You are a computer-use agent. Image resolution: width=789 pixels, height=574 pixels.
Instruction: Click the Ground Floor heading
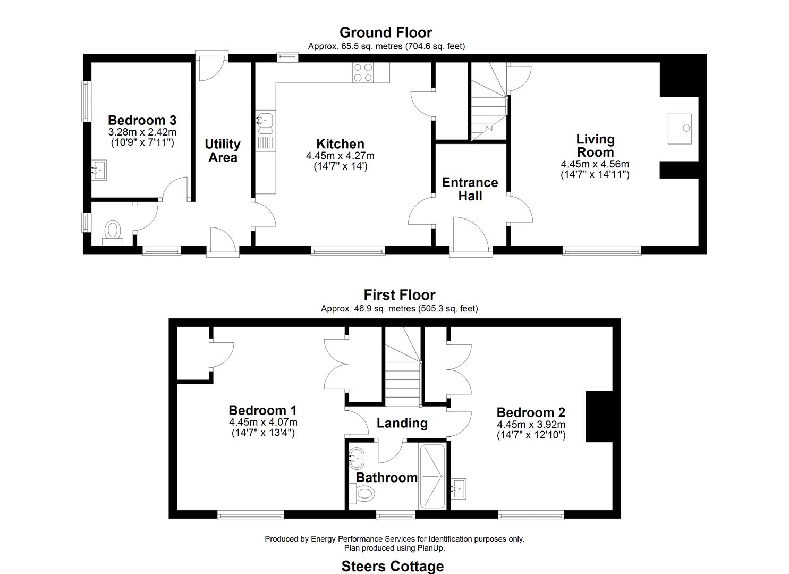tap(386, 33)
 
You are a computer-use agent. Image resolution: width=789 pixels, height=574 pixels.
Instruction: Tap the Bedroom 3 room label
tap(142, 120)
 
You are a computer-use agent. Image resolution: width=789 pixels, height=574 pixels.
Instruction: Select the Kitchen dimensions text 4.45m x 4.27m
tap(340, 156)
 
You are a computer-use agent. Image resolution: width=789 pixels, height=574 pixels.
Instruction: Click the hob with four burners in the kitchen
tap(363, 73)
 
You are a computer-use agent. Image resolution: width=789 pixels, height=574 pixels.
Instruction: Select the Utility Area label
tap(223, 150)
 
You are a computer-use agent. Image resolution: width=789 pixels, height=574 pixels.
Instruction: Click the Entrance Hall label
tap(470, 189)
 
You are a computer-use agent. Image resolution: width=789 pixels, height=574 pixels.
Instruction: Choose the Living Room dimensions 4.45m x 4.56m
tap(595, 164)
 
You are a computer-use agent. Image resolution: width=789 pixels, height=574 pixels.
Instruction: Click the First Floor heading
tap(399, 295)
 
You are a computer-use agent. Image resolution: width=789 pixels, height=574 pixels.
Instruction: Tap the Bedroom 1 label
tap(262, 410)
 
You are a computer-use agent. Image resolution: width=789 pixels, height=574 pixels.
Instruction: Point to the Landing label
tap(402, 423)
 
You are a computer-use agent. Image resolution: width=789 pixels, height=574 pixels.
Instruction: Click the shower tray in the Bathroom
tap(431, 476)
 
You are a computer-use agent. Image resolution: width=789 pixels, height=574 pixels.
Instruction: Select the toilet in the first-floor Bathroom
tap(364, 494)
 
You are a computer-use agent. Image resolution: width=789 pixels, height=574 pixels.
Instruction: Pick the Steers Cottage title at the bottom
tap(392, 566)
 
